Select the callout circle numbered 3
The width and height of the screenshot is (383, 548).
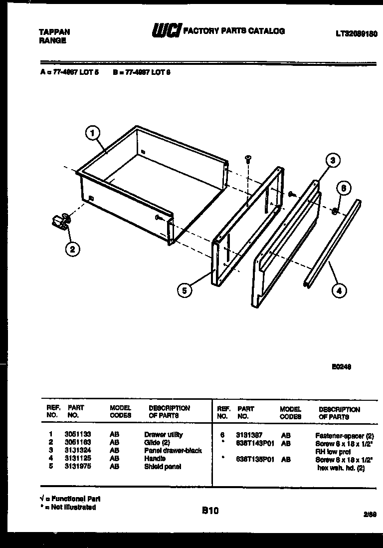333,160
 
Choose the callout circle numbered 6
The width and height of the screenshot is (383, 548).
343,188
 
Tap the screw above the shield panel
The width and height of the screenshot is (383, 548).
247,159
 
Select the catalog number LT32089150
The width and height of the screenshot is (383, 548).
356,33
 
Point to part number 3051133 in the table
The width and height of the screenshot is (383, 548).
74,435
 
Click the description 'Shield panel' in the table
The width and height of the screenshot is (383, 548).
163,467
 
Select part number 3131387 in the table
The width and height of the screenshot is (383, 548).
249,435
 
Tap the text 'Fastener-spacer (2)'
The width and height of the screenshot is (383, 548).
345,435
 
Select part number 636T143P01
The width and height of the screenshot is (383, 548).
255,443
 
